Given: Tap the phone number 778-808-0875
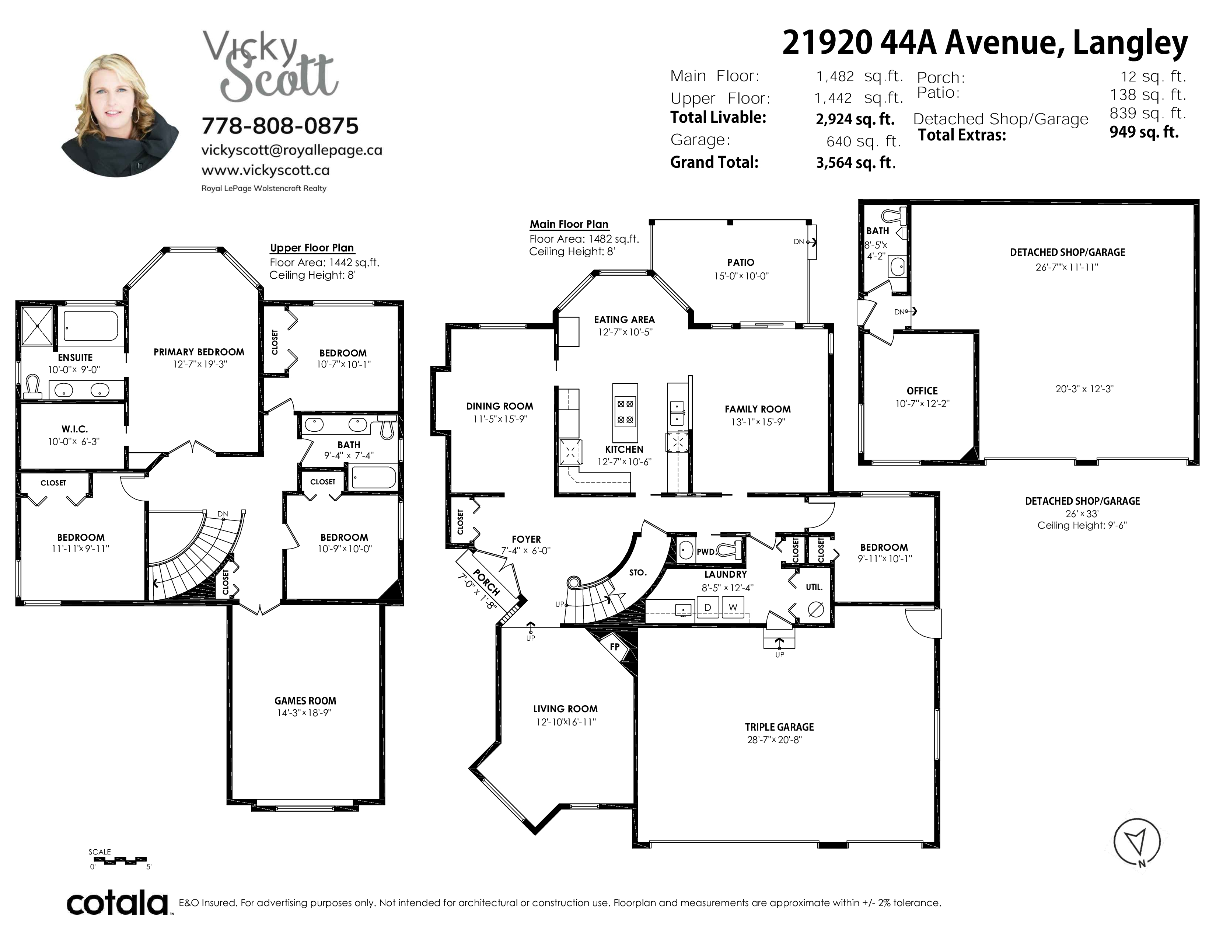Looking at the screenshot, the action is point(280,126).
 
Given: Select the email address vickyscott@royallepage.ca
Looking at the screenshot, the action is point(292,150).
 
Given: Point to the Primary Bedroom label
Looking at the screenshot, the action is point(199,352).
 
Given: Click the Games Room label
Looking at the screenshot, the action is point(305,701).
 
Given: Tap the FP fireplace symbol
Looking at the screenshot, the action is point(615,647).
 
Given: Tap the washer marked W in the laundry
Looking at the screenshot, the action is point(733,607).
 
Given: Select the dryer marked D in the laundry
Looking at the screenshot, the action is point(707,607).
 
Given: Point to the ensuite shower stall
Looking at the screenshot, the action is point(37,326).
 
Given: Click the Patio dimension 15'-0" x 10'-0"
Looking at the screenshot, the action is point(741,276).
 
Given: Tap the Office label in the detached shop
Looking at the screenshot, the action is point(922,391).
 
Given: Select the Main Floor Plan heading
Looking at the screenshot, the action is point(569,224).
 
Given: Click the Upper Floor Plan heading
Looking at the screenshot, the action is point(312,248).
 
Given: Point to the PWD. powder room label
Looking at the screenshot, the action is point(706,552).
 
